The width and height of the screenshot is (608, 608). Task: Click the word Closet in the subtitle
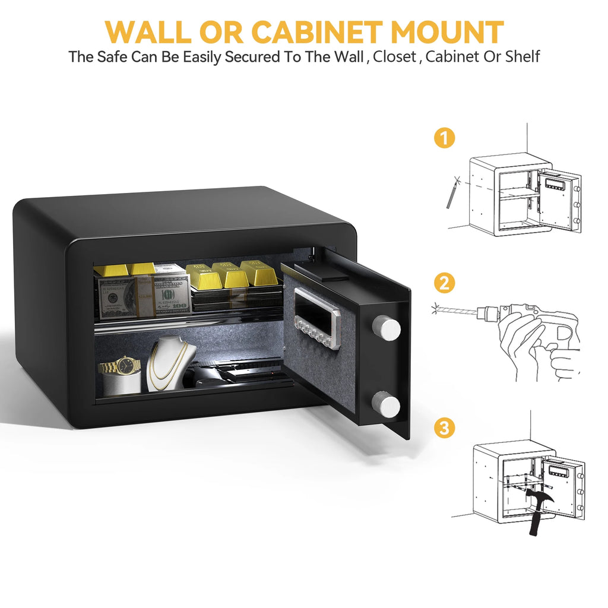pos(394,56)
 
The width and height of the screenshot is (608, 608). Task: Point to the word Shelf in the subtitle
pos(522,56)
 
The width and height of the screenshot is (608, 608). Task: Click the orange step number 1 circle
pos(444,138)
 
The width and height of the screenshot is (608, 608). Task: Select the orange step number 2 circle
pos(444,283)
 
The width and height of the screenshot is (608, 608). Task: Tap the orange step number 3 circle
pos(444,427)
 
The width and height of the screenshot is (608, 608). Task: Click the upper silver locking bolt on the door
pos(386,327)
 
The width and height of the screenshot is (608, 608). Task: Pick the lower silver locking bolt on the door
pos(386,405)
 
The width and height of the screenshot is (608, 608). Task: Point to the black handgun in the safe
pos(236,375)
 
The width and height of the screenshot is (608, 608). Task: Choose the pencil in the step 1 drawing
pos(451,196)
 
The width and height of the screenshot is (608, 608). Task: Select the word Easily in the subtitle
pos(202,56)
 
